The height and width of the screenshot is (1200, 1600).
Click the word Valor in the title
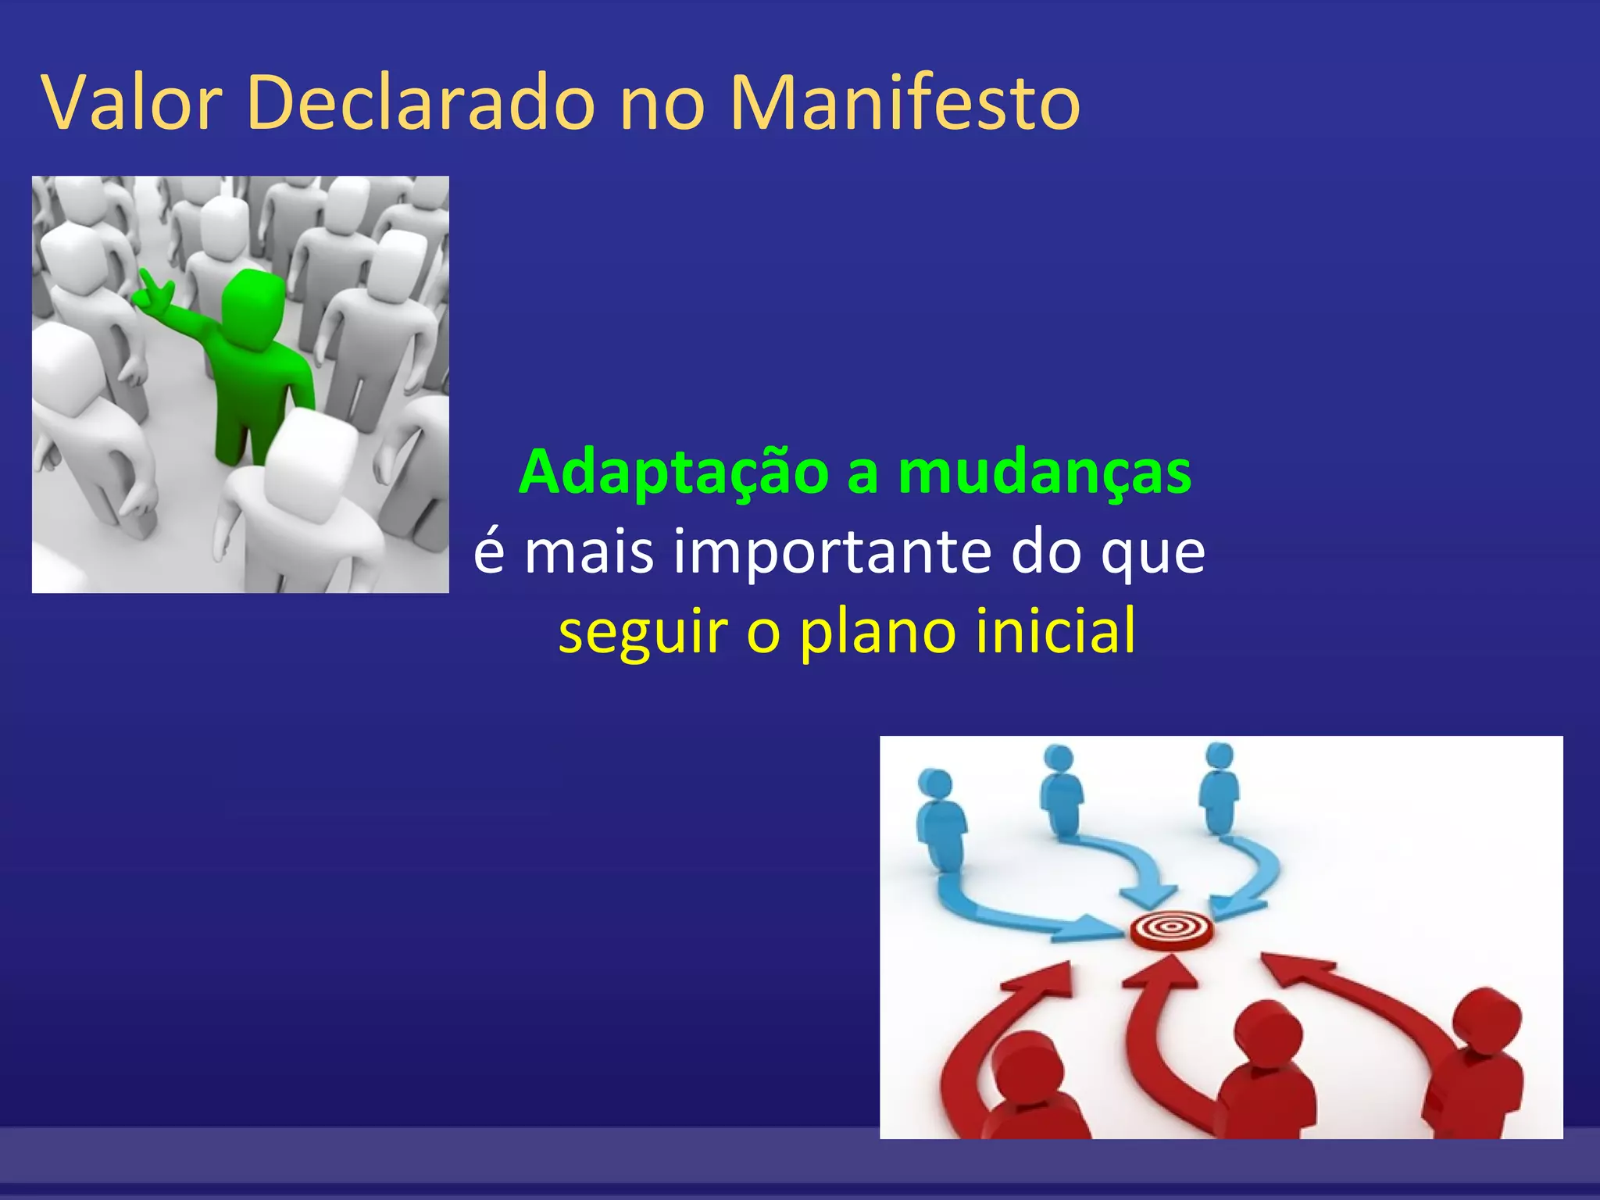[x=133, y=104]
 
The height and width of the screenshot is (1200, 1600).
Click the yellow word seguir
[x=643, y=631]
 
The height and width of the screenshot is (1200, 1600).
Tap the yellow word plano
[x=877, y=631]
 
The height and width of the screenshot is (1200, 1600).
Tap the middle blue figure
[x=1061, y=789]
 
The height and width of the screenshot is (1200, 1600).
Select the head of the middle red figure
[x=1267, y=1035]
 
